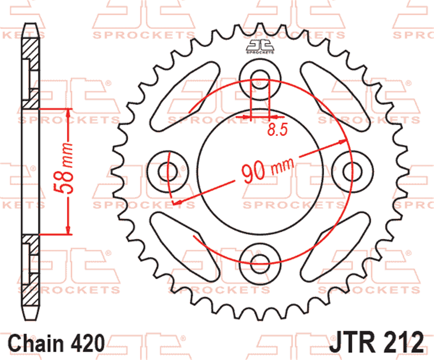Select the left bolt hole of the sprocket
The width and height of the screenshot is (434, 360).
click(x=168, y=172)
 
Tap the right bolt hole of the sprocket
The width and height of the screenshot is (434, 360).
click(x=352, y=172)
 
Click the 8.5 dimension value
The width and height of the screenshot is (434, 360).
click(x=278, y=129)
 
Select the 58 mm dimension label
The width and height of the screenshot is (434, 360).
click(x=63, y=168)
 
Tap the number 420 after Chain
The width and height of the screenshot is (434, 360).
click(x=88, y=343)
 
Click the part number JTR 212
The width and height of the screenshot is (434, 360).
click(x=376, y=342)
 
